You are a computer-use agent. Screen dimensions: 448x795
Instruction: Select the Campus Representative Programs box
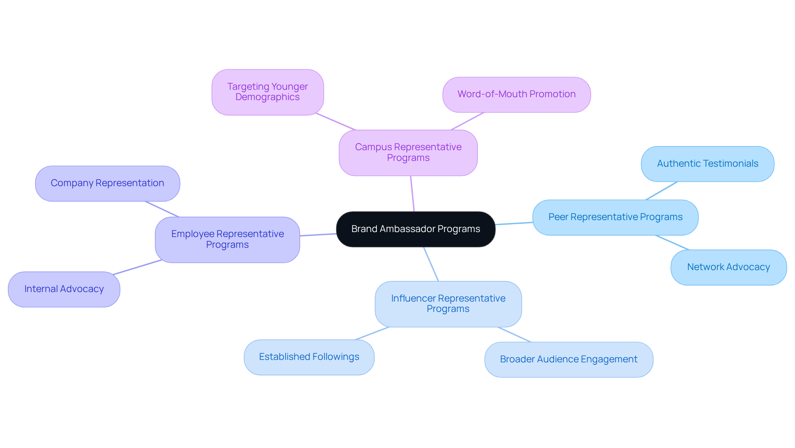pos(408,153)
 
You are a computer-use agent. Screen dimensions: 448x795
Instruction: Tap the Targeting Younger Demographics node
pos(267,92)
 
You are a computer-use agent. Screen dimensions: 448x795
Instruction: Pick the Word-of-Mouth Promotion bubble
pos(516,94)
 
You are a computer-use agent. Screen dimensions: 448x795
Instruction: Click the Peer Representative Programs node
pos(615,217)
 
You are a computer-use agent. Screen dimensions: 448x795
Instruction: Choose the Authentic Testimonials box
pos(707,164)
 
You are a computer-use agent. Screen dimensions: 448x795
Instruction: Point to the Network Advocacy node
pos(728,267)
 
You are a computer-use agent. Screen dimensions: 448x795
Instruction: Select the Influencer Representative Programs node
pos(448,304)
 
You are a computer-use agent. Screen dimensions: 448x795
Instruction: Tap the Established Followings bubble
pos(309,357)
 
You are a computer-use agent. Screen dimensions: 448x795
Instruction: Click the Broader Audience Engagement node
pos(569,359)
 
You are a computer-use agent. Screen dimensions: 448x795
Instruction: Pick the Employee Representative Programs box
pos(227,240)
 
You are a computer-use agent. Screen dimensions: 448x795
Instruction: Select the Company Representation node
pos(107,183)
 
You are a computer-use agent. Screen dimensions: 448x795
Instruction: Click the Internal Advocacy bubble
pos(64,289)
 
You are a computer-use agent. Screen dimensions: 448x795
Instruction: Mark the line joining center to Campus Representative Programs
pos(412,194)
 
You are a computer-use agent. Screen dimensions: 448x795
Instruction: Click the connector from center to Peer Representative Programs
pos(514,223)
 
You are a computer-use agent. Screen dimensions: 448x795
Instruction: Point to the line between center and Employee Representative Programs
pos(318,235)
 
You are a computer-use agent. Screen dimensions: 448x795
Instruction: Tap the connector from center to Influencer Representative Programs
pos(431,264)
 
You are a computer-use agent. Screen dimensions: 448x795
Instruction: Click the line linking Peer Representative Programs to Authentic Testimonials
pos(661,191)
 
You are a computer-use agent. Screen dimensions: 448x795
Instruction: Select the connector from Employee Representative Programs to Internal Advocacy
pos(137,267)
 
